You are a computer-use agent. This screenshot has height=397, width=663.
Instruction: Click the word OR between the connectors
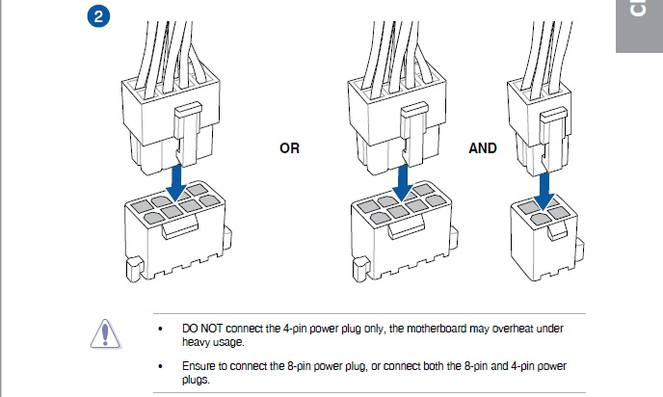(x=289, y=149)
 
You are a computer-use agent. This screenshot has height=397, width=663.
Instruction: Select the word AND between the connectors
(x=483, y=148)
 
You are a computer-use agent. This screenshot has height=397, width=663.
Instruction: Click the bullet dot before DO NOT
(x=160, y=330)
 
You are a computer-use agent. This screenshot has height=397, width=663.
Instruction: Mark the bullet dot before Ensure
(x=160, y=367)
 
